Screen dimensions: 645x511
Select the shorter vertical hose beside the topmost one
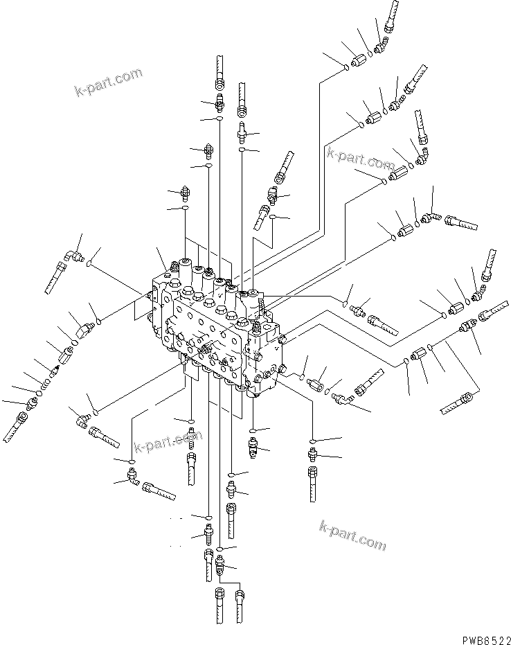click(242, 97)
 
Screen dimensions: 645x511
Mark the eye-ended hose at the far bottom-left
click(16, 426)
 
